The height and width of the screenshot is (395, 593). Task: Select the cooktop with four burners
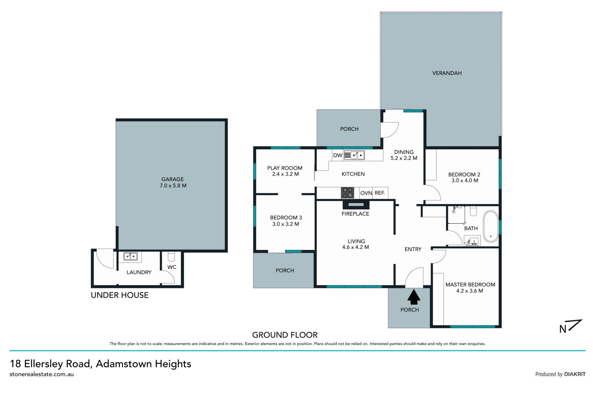(x=347, y=193)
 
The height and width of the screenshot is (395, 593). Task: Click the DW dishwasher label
(x=338, y=155)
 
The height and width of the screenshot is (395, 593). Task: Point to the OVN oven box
(x=366, y=193)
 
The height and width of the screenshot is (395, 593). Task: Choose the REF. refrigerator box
(x=380, y=193)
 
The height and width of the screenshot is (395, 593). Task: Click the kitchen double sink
(x=355, y=155)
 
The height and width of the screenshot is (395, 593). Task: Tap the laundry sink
(x=130, y=256)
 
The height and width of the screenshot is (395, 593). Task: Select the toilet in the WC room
(x=171, y=256)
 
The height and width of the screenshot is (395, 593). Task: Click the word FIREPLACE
(x=355, y=214)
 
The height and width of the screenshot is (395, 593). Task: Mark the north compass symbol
(x=570, y=326)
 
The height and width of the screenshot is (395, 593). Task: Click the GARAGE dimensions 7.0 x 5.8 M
(x=173, y=186)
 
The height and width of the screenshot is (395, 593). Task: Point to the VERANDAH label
(x=447, y=73)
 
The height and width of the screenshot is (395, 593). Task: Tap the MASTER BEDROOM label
(x=470, y=284)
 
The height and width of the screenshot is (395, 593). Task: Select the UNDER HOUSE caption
(x=120, y=295)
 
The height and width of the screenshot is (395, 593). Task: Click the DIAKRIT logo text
(x=575, y=374)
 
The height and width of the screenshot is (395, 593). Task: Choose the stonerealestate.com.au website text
(x=42, y=374)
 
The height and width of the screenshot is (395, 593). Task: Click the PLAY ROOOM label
(x=285, y=168)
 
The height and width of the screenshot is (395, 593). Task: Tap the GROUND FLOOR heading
(x=285, y=335)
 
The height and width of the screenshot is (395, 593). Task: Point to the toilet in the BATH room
(x=473, y=211)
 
